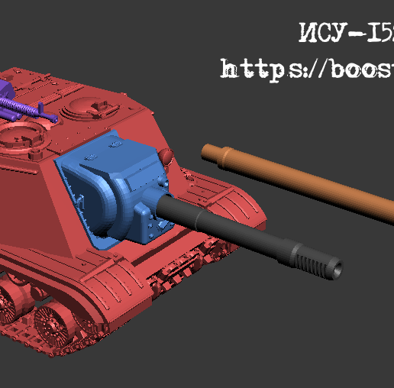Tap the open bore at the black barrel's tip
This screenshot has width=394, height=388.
tap(337, 270)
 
